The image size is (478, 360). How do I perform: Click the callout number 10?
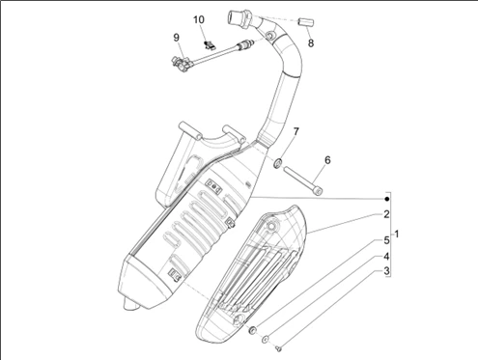[199, 20]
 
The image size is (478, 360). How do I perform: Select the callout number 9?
[176, 38]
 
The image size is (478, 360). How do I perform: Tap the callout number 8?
[311, 43]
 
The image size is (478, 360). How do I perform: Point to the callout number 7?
[295, 131]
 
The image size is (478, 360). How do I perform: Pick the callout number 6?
[327, 160]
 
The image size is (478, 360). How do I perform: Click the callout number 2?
[386, 214]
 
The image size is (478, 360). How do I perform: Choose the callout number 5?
[386, 240]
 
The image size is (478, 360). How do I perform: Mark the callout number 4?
[386, 257]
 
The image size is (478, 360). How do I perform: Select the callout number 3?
[386, 271]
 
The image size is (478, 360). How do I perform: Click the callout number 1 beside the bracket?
[397, 235]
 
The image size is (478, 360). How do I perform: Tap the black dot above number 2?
[387, 199]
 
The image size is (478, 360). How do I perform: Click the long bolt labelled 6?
[303, 180]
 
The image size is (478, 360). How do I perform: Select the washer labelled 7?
[277, 163]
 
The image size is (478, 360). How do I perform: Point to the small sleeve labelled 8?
[306, 22]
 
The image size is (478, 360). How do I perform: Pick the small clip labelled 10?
[210, 45]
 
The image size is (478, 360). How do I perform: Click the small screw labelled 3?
[279, 347]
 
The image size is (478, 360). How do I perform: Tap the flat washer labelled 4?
[266, 339]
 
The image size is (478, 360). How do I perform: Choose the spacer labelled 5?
[253, 329]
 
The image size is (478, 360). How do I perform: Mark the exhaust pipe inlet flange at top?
[239, 16]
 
